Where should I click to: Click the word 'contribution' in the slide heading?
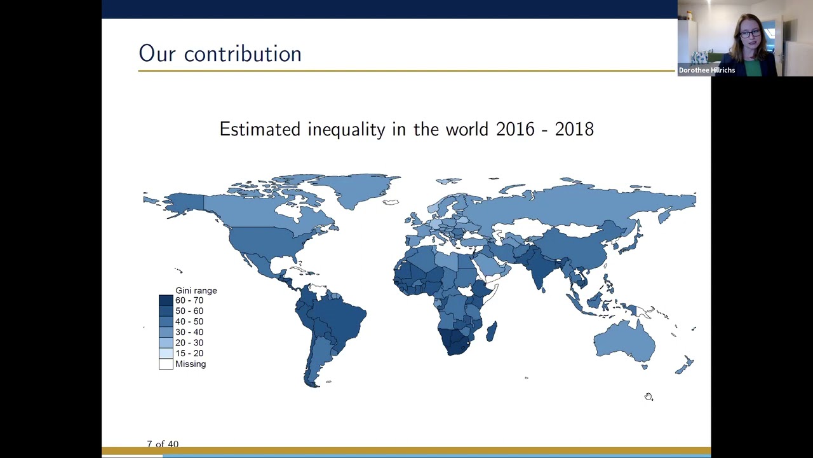(x=243, y=54)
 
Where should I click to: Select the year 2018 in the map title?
(x=574, y=129)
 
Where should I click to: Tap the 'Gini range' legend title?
(x=196, y=291)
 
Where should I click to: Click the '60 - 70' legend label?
(x=189, y=300)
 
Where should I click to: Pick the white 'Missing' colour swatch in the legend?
(x=166, y=364)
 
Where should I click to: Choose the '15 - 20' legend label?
(x=189, y=353)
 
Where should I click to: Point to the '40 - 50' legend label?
(x=189, y=321)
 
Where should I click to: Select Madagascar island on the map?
(x=491, y=331)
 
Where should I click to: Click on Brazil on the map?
(x=337, y=318)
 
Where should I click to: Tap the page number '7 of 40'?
(x=163, y=444)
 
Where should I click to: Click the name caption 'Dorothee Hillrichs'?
(x=706, y=70)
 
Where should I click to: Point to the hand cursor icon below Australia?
(x=648, y=397)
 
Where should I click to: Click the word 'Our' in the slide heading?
(x=157, y=54)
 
